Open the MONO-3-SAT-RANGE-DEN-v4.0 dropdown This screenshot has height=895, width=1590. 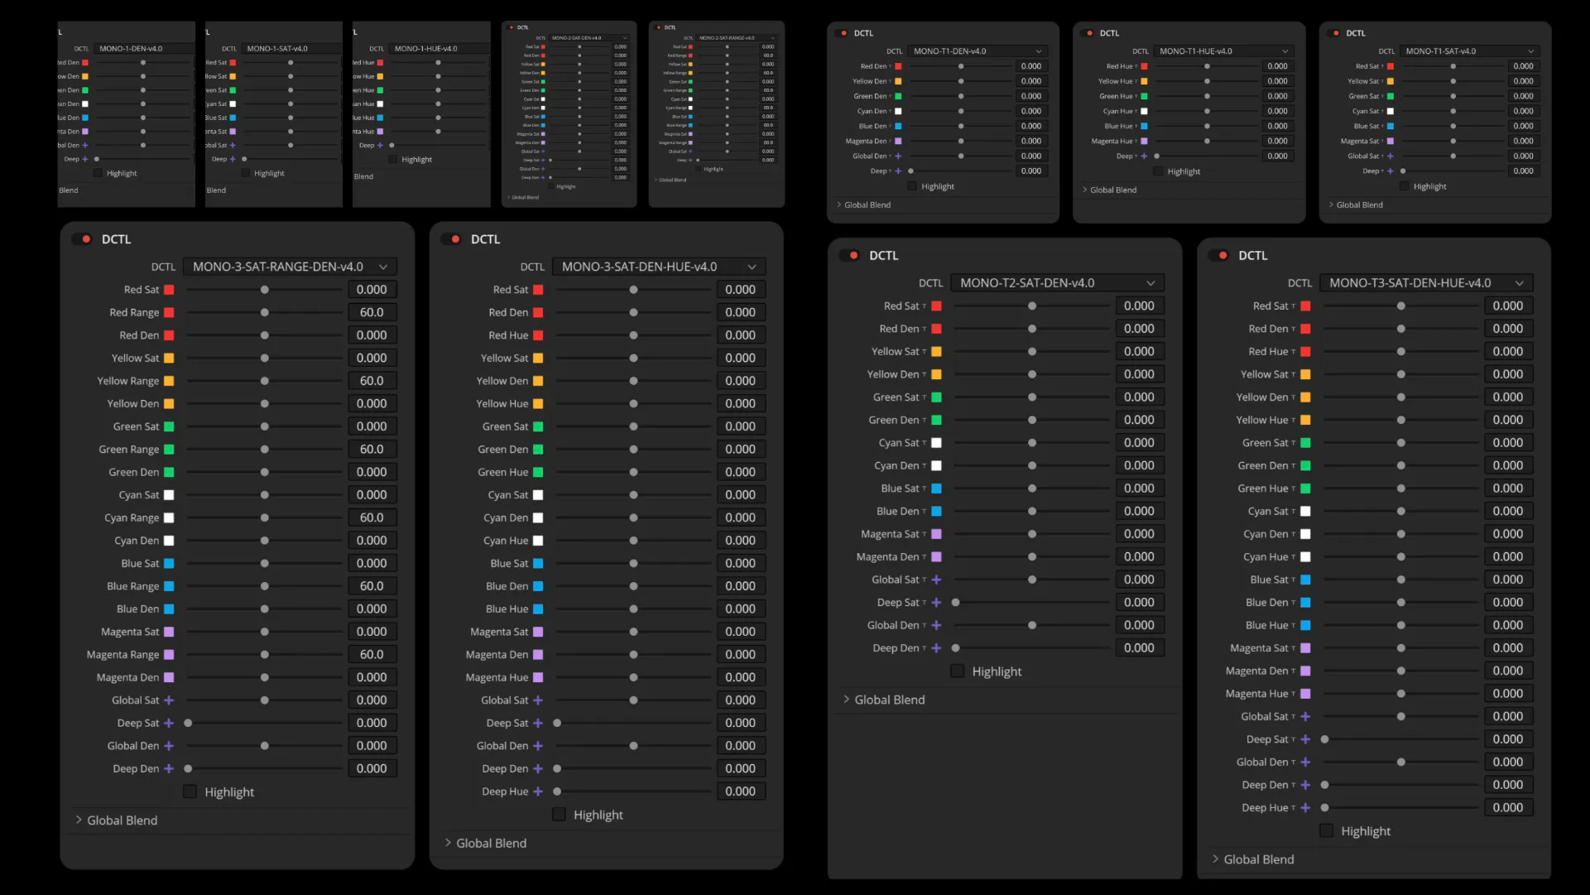pyautogui.click(x=289, y=267)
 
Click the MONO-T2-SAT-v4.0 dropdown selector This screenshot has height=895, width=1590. pyautogui.click(x=1057, y=283)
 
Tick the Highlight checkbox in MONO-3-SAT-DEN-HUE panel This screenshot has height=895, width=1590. pyautogui.click(x=559, y=815)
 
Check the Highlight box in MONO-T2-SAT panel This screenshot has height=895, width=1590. pyautogui.click(x=958, y=671)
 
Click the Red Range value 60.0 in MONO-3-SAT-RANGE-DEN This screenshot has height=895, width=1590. pyautogui.click(x=372, y=312)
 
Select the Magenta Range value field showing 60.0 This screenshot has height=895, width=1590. pyautogui.click(x=372, y=654)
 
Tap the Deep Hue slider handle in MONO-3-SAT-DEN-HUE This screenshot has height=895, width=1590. pyautogui.click(x=557, y=792)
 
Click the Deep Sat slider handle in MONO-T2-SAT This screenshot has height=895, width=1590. pyautogui.click(x=956, y=603)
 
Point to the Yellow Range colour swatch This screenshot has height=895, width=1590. pyautogui.click(x=169, y=381)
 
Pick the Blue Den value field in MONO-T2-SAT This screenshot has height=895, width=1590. pyautogui.click(x=1139, y=511)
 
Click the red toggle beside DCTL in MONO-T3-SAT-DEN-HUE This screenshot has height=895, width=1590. pyautogui.click(x=1220, y=256)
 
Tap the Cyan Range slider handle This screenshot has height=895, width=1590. pyautogui.click(x=265, y=517)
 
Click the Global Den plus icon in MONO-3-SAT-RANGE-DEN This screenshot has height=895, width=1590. pyautogui.click(x=169, y=746)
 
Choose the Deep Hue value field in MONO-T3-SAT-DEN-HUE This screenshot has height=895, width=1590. pyautogui.click(x=1507, y=807)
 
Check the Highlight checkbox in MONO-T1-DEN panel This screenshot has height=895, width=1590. pyautogui.click(x=912, y=186)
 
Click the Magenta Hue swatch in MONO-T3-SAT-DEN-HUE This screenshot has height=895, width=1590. pyautogui.click(x=1305, y=694)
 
